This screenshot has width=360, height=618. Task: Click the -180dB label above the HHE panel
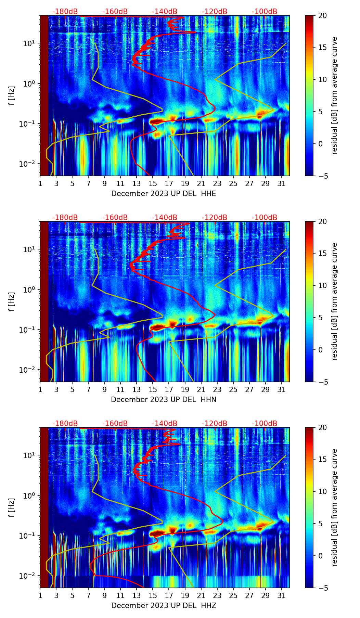(x=65, y=12)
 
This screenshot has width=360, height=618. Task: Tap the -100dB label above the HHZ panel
(x=265, y=424)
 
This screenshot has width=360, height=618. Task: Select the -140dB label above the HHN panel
(x=165, y=218)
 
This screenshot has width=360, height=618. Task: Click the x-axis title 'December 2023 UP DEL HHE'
(x=164, y=194)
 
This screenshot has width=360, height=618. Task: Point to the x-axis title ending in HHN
(x=164, y=400)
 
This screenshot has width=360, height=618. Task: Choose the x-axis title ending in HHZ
(x=164, y=606)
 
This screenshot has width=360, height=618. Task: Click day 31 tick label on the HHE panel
(x=282, y=184)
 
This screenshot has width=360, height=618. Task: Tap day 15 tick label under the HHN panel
(x=153, y=390)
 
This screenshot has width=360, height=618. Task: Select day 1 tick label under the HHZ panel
(x=40, y=596)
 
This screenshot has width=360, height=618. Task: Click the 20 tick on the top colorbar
(x=323, y=16)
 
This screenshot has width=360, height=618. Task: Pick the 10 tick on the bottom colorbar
(x=323, y=491)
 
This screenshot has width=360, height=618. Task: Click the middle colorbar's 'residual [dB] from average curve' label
(x=335, y=301)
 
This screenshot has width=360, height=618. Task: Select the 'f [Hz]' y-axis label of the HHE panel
(x=12, y=96)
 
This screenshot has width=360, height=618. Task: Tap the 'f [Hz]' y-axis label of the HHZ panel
(x=12, y=508)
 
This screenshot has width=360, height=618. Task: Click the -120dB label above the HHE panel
(x=215, y=12)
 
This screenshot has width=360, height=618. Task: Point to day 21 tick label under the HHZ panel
(x=201, y=596)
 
